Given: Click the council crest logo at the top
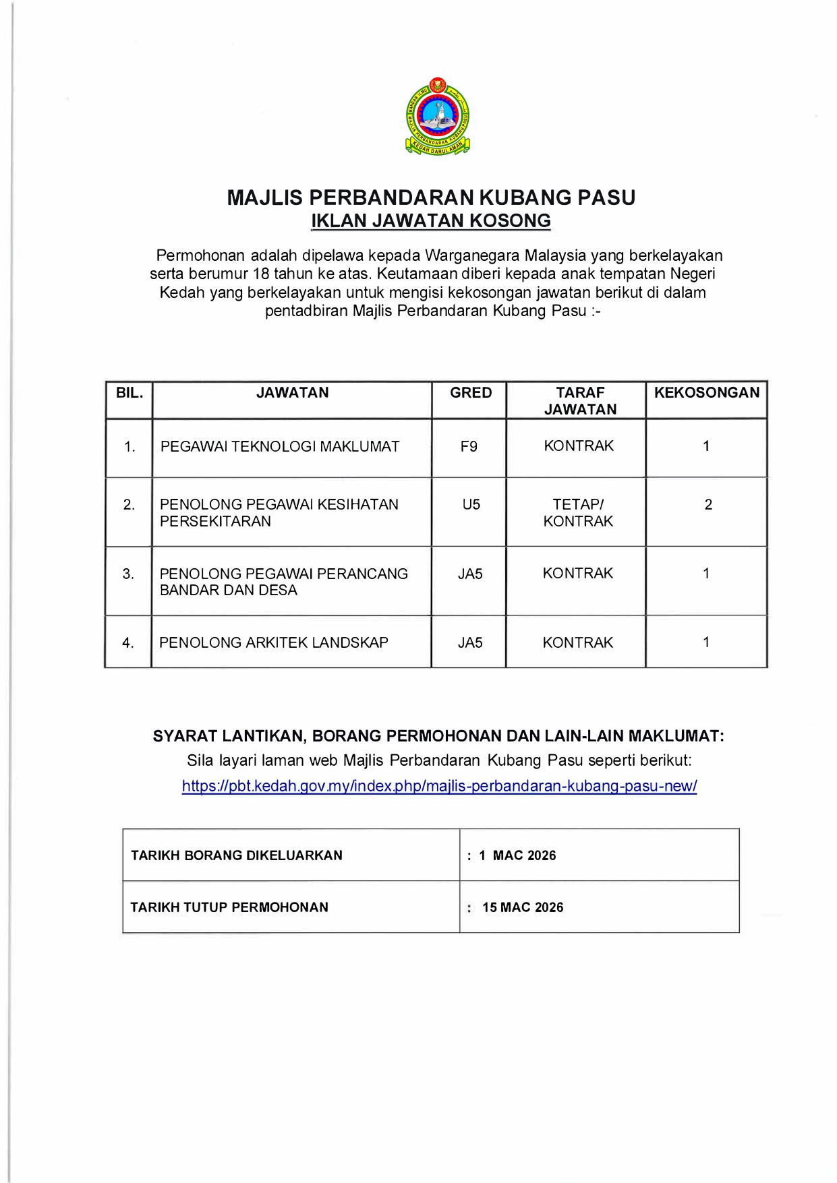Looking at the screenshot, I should (437, 116).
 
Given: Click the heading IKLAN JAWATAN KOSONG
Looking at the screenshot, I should (431, 220).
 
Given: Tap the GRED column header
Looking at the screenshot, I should (471, 392).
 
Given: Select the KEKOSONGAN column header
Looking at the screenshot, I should (706, 392).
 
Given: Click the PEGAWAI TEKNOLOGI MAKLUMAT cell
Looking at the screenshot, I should (280, 446).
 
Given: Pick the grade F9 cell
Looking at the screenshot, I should (469, 446).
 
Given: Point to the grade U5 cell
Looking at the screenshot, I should (471, 504).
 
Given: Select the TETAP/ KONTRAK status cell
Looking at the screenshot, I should (578, 512).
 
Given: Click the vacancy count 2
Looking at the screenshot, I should (708, 504).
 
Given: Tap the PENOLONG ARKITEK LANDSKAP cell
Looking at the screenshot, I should (274, 642).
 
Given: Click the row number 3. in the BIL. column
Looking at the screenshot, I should (128, 574).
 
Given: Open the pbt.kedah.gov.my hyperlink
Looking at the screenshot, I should (439, 785).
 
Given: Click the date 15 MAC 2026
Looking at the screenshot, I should (523, 907).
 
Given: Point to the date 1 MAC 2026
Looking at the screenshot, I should (517, 855).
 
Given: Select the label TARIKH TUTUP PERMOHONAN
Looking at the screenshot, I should (229, 907).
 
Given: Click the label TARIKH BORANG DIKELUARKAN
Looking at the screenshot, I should (237, 855).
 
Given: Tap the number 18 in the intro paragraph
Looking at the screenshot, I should (261, 274).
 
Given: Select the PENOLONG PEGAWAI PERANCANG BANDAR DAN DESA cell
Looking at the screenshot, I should (284, 582).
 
